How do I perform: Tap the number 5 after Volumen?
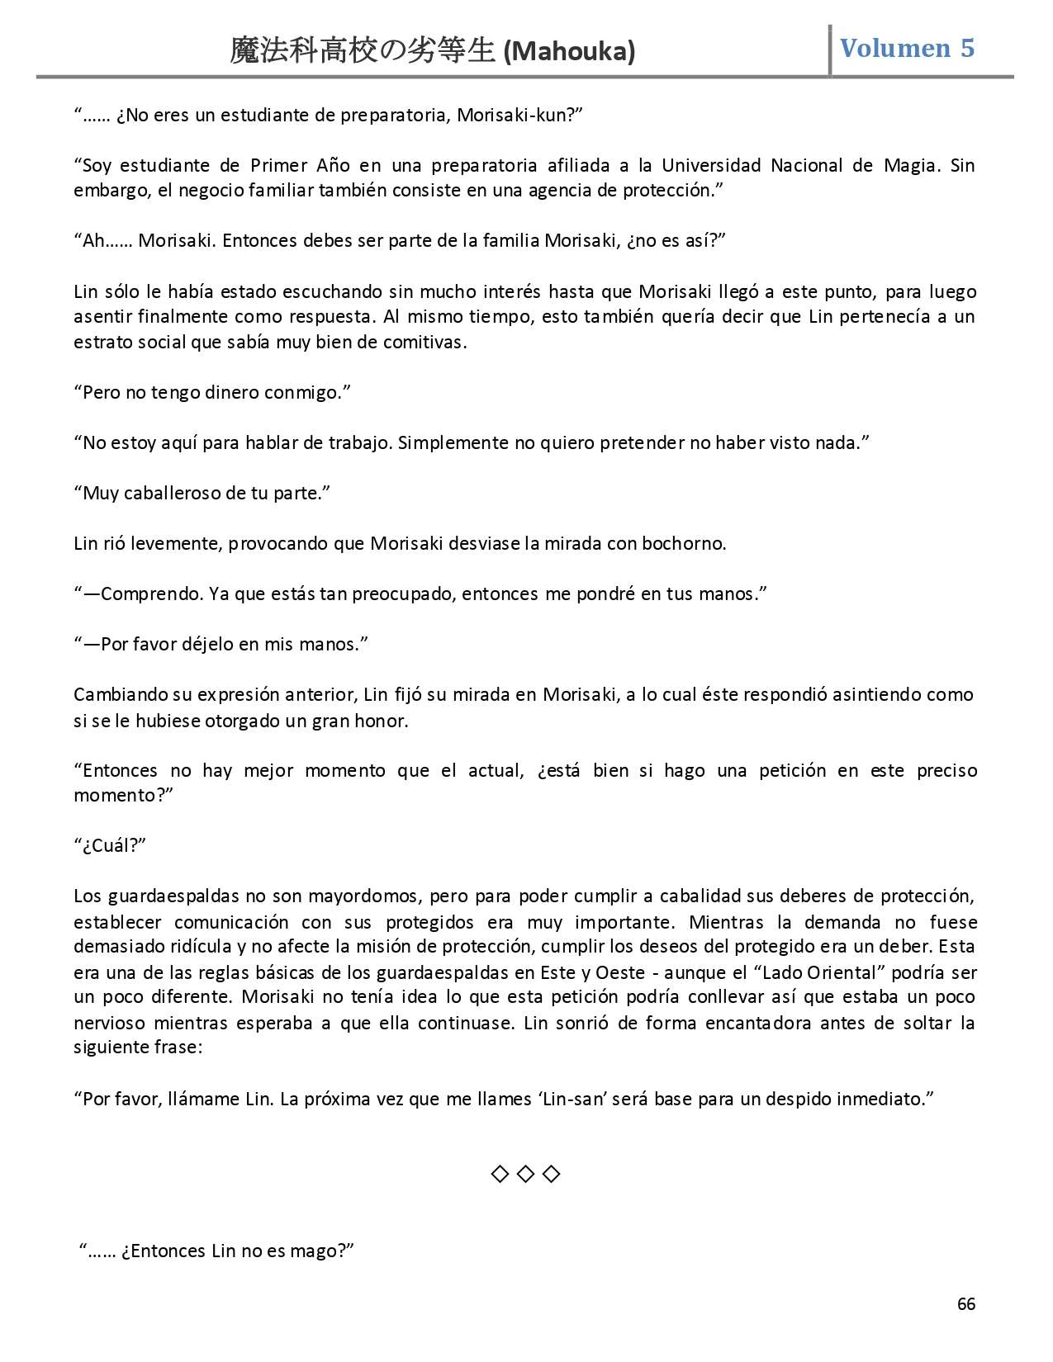point(966,48)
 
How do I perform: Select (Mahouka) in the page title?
point(569,52)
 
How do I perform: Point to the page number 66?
point(965,1304)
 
